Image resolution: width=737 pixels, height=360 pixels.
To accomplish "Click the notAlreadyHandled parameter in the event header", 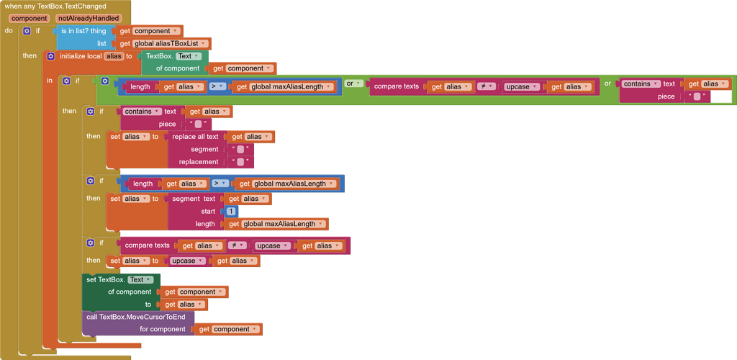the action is tap(89, 18).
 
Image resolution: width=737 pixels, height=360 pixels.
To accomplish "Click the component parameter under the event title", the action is tap(29, 18).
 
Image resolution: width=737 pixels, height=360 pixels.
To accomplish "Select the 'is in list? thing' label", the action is tap(83, 31).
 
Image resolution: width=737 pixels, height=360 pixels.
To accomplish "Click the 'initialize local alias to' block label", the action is tap(96, 56).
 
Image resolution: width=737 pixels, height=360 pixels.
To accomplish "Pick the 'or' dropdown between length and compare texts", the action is tap(353, 84).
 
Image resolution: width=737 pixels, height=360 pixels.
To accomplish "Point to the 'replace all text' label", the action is tap(196, 137).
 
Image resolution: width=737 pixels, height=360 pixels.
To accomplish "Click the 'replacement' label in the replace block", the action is tap(199, 162).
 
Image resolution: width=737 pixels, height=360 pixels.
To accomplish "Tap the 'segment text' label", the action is tap(194, 199).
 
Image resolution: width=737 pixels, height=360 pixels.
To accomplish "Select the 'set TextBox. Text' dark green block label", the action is tap(120, 279).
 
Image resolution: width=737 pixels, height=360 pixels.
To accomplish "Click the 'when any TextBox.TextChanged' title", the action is tap(55, 6).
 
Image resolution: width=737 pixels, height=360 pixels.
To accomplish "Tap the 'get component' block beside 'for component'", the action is tap(228, 329).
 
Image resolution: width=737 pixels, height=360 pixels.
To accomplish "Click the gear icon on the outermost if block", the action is tap(27, 31).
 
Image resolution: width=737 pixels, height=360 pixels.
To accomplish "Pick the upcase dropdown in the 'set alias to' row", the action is tap(188, 261).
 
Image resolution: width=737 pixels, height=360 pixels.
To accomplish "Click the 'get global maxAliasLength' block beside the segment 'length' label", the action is tap(276, 224).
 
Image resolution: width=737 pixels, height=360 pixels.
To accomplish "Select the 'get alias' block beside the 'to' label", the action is tap(184, 305).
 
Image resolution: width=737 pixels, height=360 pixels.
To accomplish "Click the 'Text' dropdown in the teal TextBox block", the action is tap(188, 56).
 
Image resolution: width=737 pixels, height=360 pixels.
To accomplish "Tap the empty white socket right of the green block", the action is tap(721, 96).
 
